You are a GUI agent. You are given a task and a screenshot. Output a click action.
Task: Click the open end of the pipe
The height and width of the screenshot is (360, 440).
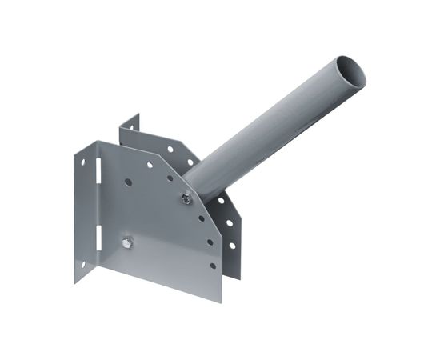tap(349, 72)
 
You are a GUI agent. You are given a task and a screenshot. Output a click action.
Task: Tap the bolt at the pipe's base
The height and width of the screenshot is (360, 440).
tap(186, 198)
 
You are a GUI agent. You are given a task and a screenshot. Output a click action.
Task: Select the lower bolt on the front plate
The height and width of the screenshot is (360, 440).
tap(126, 242)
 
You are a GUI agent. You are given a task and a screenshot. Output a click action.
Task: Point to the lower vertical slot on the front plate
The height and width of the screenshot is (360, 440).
tap(98, 236)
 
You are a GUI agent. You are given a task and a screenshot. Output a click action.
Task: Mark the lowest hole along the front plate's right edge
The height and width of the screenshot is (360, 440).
tap(213, 266)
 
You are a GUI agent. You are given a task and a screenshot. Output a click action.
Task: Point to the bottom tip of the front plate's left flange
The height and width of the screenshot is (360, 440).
tap(77, 282)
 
